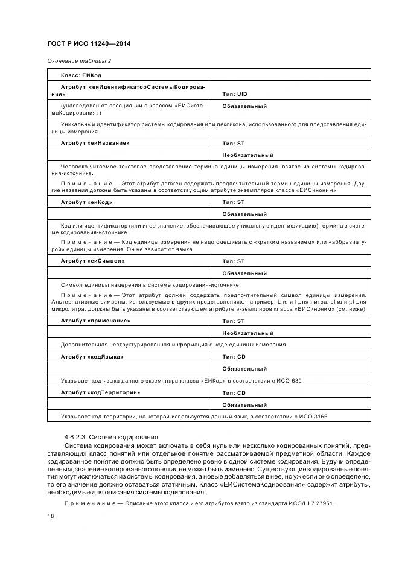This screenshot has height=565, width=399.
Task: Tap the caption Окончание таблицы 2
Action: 79,61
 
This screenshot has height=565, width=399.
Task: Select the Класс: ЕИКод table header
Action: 81,75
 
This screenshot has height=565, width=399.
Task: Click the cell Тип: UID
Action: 235,94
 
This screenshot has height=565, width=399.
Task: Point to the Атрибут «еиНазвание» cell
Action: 95,144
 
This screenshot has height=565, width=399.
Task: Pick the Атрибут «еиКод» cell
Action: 86,202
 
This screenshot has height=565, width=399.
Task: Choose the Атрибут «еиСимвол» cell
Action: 92,261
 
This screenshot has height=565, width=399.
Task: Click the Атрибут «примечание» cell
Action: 95,321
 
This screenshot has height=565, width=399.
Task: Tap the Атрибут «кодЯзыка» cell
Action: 92,356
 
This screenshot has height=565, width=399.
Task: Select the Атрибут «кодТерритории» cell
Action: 100,392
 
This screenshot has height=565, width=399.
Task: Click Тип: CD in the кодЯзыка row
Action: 234,356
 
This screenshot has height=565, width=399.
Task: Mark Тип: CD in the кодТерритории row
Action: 234,392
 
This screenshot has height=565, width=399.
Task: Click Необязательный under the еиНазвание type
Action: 247,155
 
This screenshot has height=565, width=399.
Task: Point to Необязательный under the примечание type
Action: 247,333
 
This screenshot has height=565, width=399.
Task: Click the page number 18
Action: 51,516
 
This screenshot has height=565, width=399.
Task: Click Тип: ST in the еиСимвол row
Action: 234,261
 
